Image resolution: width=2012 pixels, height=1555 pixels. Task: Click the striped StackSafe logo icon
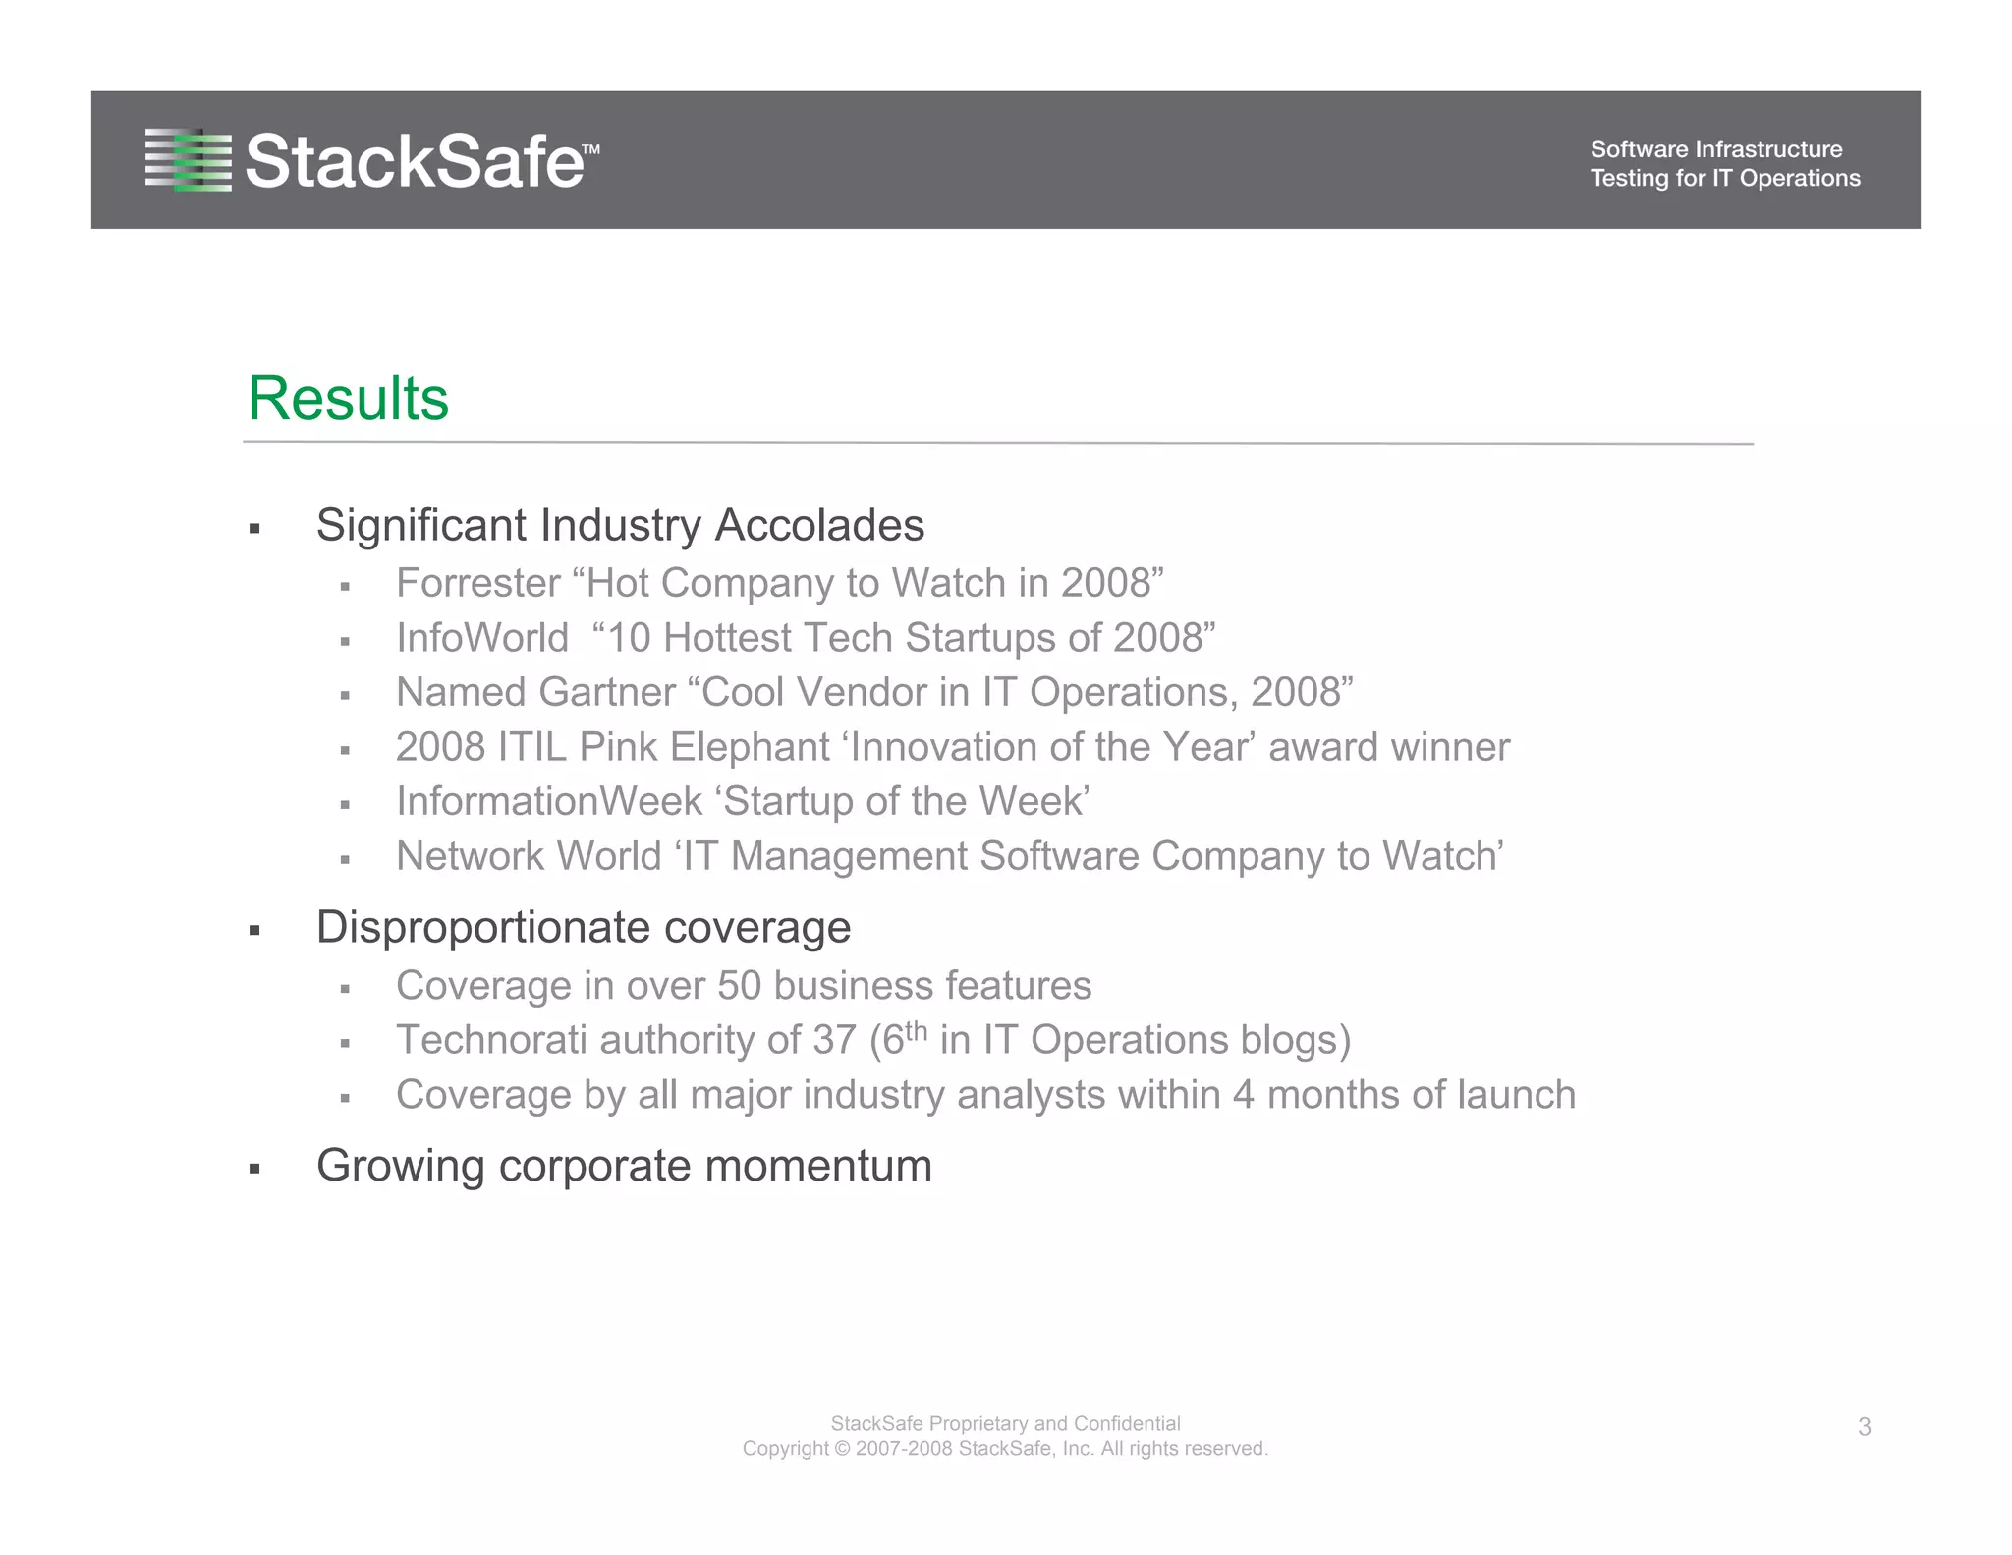pyautogui.click(x=188, y=159)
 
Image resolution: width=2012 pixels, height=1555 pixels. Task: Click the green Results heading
pyautogui.click(x=348, y=398)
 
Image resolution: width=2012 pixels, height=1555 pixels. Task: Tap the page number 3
pyautogui.click(x=1864, y=1427)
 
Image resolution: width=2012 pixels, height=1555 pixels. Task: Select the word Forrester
pyautogui.click(x=477, y=583)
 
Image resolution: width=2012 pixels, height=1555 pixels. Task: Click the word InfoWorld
pyautogui.click(x=481, y=638)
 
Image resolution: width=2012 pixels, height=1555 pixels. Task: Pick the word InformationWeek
pyautogui.click(x=548, y=801)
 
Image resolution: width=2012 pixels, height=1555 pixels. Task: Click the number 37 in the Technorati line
pyautogui.click(x=834, y=1040)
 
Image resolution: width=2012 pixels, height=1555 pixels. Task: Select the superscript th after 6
pyautogui.click(x=916, y=1030)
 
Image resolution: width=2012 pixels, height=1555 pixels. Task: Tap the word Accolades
pyautogui.click(x=818, y=525)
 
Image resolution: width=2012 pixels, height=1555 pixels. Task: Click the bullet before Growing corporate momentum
pyautogui.click(x=254, y=1169)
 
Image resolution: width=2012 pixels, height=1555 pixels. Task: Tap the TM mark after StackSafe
pyautogui.click(x=590, y=149)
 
